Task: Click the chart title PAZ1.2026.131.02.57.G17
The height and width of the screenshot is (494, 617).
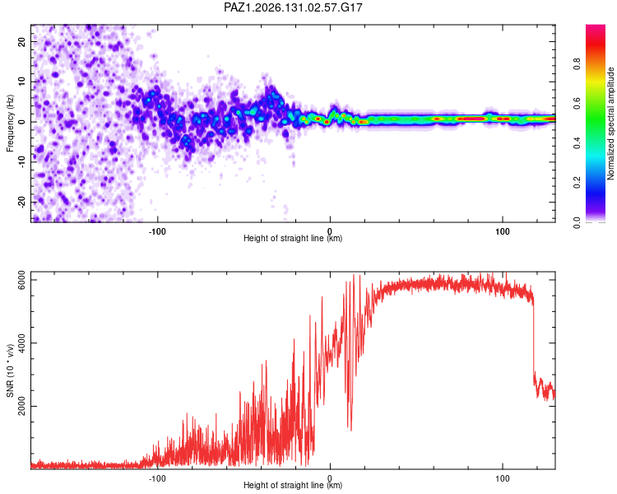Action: [293, 7]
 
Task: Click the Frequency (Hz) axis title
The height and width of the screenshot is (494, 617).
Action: [10, 123]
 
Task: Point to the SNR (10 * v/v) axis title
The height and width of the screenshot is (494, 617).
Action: [10, 370]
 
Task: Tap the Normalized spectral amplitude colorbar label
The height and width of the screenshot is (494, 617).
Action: [610, 123]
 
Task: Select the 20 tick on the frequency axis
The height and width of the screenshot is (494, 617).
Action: [21, 41]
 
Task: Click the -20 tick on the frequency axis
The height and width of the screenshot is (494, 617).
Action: [21, 203]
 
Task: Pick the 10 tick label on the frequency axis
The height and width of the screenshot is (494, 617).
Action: [21, 82]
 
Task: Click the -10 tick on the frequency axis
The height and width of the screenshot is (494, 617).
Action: [21, 162]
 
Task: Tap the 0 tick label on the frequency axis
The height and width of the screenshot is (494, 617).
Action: [21, 122]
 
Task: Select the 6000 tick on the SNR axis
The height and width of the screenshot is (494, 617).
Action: [21, 280]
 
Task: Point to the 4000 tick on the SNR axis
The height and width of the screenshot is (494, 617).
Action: [21, 343]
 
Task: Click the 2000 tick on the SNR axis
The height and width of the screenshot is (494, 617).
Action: [21, 406]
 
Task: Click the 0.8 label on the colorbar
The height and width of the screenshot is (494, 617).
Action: [577, 64]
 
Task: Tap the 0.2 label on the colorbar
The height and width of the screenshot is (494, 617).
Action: [577, 183]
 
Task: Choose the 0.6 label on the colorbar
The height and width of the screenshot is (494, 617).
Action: [577, 103]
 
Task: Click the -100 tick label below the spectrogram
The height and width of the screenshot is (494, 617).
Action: [157, 231]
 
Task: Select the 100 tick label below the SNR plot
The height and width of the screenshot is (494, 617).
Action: [503, 478]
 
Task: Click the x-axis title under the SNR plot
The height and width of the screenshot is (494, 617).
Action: [293, 485]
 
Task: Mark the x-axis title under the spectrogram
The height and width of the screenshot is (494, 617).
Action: [293, 238]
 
